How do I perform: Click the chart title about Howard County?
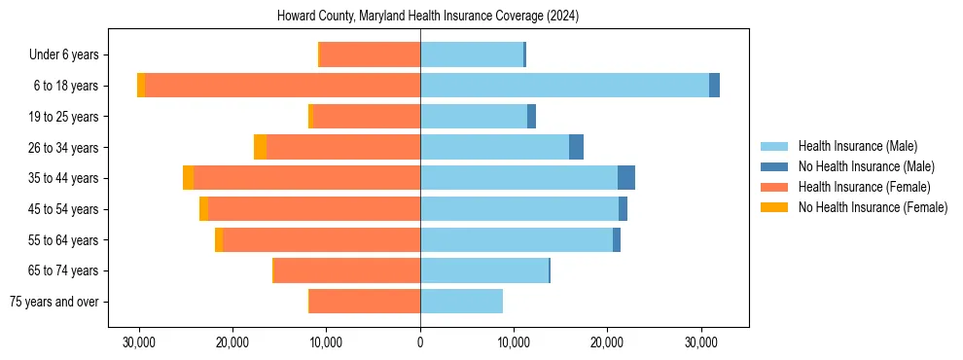428,17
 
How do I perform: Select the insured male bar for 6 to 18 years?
564,86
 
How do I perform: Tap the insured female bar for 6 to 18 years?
282,86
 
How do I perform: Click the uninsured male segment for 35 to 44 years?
626,178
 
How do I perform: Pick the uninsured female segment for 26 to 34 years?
260,147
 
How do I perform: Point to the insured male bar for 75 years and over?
461,302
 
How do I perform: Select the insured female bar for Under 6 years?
370,54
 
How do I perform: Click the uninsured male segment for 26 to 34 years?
576,147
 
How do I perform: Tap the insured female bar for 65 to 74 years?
347,270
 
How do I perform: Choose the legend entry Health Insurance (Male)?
857,146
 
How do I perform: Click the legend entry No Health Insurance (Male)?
866,166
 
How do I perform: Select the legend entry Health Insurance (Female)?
864,187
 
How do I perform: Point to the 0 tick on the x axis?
420,342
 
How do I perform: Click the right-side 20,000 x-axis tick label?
607,342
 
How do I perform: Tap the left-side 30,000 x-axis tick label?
139,342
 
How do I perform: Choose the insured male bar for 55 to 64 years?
516,239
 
